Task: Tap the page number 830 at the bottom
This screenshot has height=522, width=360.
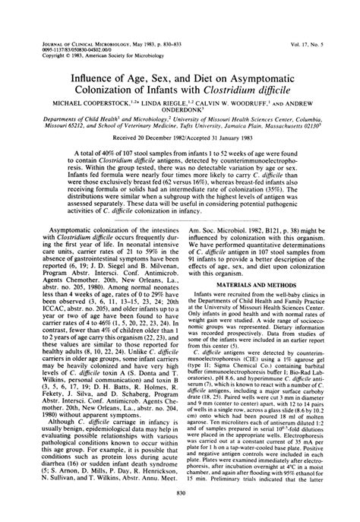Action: click(180, 514)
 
